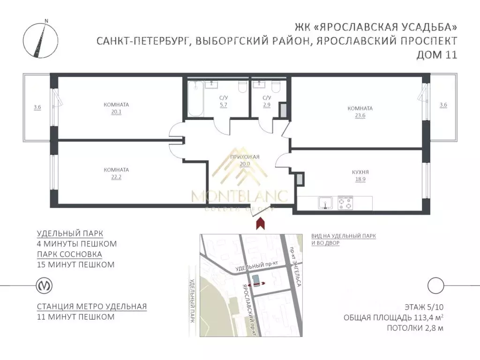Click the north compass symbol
(40, 40)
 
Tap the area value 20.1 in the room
(116, 112)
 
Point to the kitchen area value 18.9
(360, 180)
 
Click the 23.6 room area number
(360, 115)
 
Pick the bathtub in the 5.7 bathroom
(195, 98)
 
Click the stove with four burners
(345, 203)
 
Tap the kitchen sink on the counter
(325, 203)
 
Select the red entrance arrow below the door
(260, 223)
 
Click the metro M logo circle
(45, 285)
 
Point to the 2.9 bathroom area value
(267, 105)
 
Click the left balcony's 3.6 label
(37, 107)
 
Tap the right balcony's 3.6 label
(443, 105)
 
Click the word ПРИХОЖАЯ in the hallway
(245, 157)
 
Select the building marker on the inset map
(255, 280)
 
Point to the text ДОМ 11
(437, 54)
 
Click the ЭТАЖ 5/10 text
(424, 307)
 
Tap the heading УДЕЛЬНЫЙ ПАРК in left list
(70, 233)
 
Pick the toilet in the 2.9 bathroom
(276, 86)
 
